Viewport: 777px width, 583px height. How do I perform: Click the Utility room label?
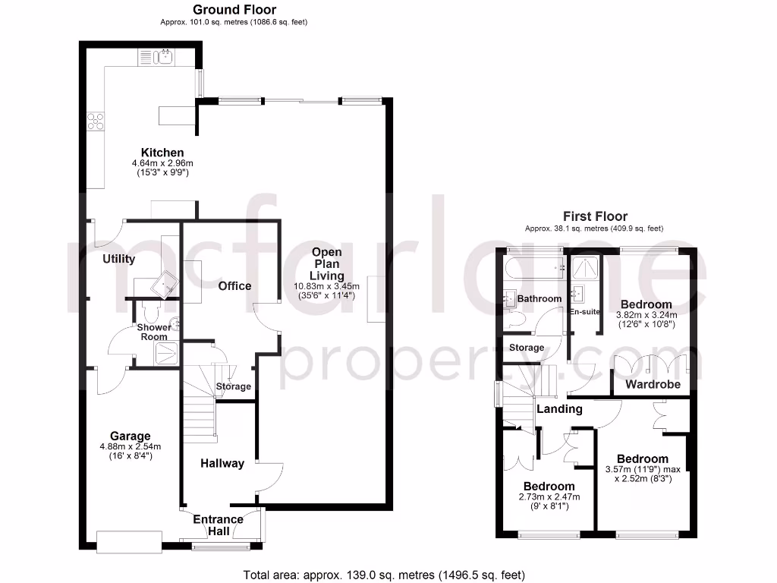[119, 259]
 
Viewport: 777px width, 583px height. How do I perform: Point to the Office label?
[234, 285]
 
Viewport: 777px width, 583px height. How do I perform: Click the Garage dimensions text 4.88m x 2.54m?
[131, 447]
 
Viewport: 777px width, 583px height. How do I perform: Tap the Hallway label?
[222, 463]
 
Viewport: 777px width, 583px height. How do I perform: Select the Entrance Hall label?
[218, 525]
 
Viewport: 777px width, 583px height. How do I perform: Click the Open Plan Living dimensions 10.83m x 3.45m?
[327, 287]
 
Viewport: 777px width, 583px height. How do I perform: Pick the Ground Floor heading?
[234, 10]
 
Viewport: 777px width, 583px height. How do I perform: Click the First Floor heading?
[595, 216]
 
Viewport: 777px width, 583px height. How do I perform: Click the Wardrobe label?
[653, 384]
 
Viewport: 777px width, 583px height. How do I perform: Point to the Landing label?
[560, 409]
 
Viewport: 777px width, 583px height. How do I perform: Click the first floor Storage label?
[527, 348]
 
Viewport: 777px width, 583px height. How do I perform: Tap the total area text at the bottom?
[384, 575]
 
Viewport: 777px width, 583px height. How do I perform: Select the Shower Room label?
[154, 332]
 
